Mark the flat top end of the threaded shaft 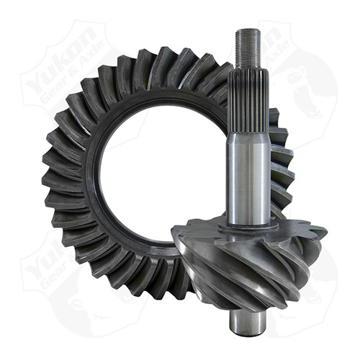click(x=247, y=30)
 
